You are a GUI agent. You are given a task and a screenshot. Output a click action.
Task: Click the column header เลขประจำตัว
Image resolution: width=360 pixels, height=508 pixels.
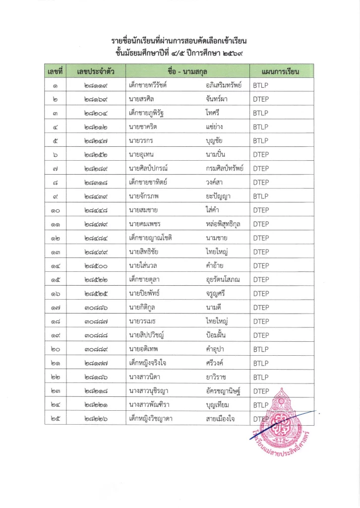point(96,72)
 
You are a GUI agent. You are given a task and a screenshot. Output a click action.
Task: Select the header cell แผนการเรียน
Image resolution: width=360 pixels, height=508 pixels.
point(276,72)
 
